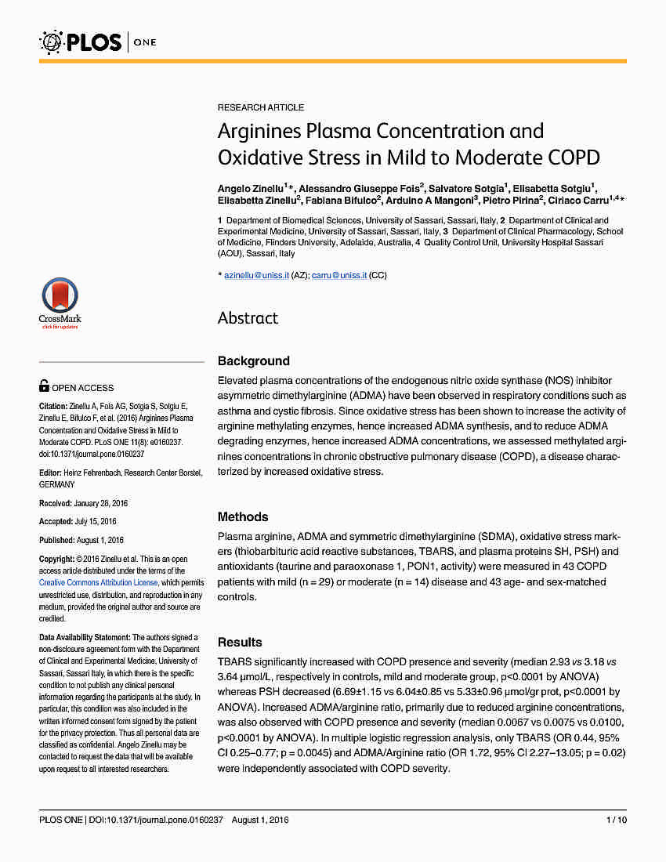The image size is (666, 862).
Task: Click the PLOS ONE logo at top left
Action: pos(98,42)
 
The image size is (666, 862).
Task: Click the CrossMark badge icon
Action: pos(60,302)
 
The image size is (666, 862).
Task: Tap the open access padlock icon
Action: pos(45,386)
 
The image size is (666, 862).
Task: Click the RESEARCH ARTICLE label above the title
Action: pos(261,107)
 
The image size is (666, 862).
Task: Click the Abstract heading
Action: pos(248,317)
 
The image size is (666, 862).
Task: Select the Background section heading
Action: pos(254,361)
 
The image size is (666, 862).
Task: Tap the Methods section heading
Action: pos(243,517)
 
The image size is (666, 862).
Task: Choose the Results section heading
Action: pos(240,643)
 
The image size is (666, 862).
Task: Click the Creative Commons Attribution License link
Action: pos(99,583)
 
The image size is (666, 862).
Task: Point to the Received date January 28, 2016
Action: pos(100,502)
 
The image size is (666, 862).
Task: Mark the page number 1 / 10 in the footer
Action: pos(616,820)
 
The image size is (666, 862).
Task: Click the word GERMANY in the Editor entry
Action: pos(57,484)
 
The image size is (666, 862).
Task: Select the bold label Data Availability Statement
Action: pos(85,637)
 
